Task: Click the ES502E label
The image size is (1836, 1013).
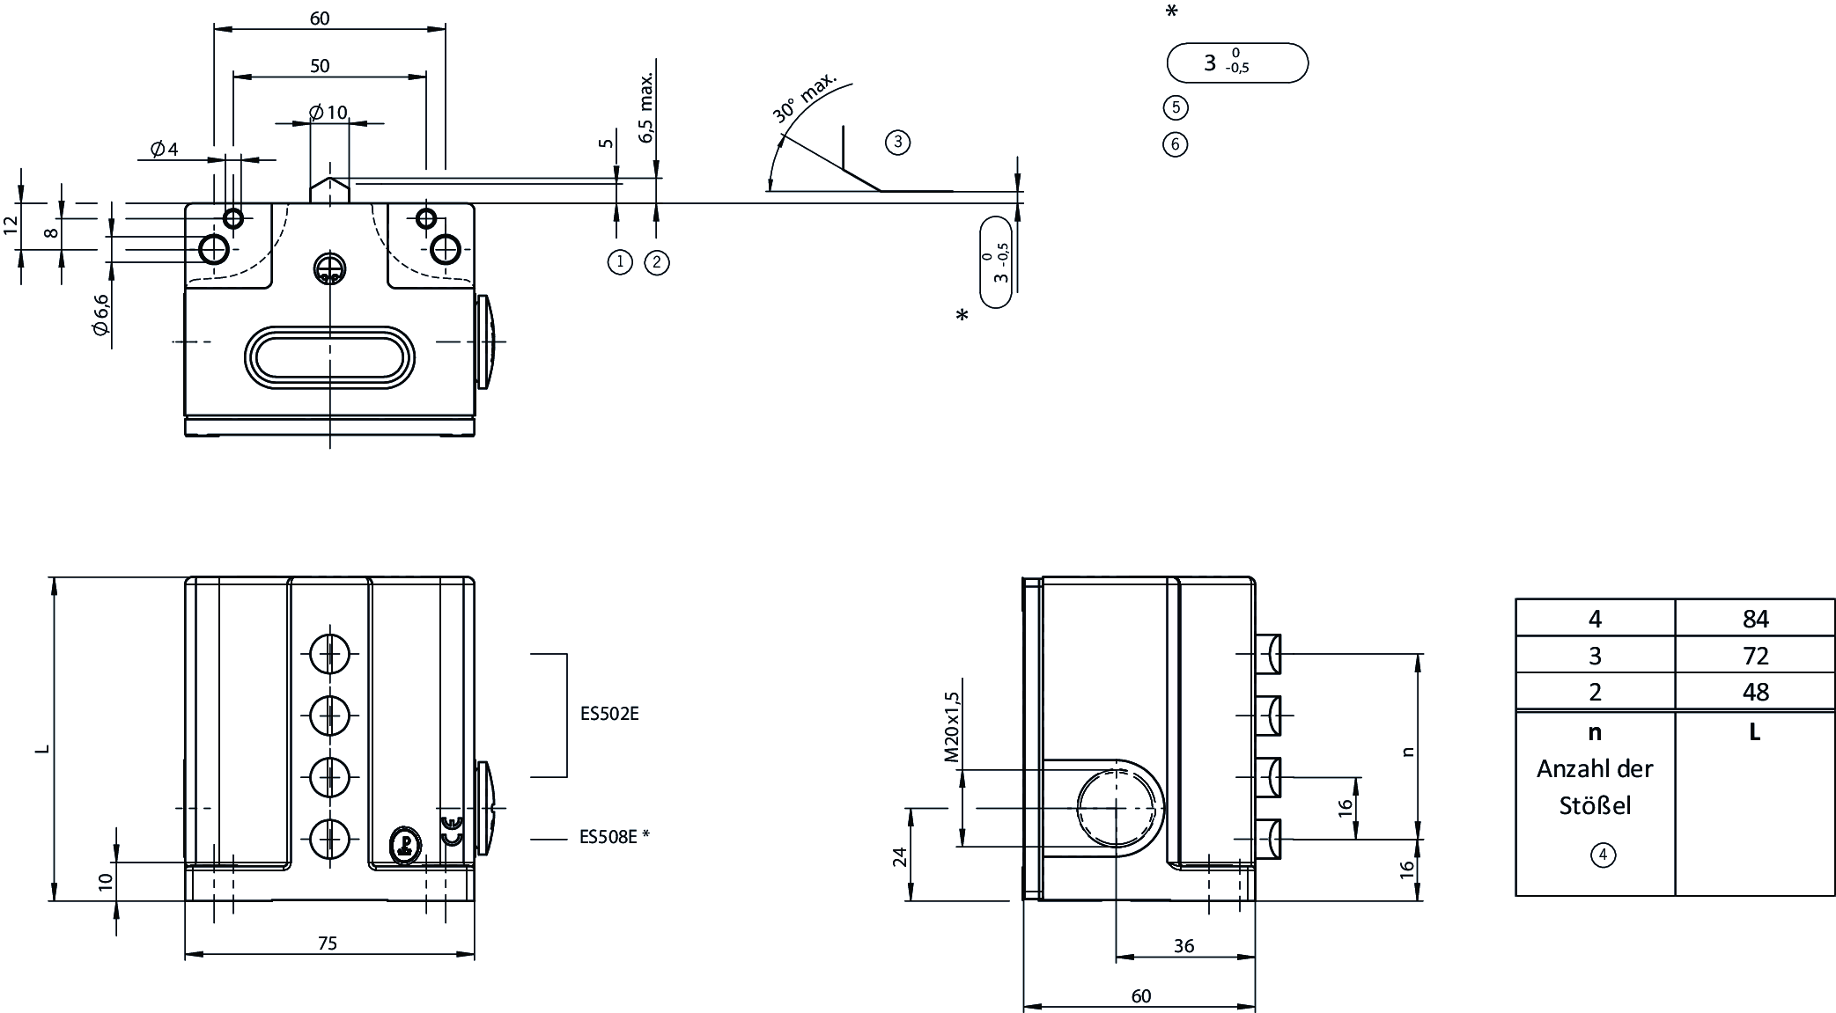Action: (609, 714)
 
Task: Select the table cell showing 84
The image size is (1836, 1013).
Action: (1755, 619)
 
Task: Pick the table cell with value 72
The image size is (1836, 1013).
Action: (1755, 656)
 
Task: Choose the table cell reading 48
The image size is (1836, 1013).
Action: (1755, 692)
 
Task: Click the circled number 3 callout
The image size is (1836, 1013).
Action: (897, 142)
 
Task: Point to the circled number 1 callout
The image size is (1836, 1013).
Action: (620, 261)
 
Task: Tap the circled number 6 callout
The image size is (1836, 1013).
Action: (1176, 144)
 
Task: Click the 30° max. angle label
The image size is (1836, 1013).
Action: (804, 96)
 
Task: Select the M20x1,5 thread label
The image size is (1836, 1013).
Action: (951, 727)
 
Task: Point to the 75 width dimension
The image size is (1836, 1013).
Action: (327, 943)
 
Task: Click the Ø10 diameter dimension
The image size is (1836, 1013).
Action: (329, 113)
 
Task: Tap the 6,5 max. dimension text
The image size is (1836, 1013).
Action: (647, 107)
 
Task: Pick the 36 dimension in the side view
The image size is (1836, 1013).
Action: (1184, 946)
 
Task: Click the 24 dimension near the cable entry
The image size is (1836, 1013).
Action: (900, 856)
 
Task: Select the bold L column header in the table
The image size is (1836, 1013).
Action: (1755, 732)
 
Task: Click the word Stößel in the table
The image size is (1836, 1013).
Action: (1595, 806)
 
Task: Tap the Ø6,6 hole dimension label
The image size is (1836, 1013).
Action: (100, 315)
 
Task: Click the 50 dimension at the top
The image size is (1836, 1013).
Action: (320, 66)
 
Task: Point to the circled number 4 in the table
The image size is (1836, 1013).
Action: (1603, 855)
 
